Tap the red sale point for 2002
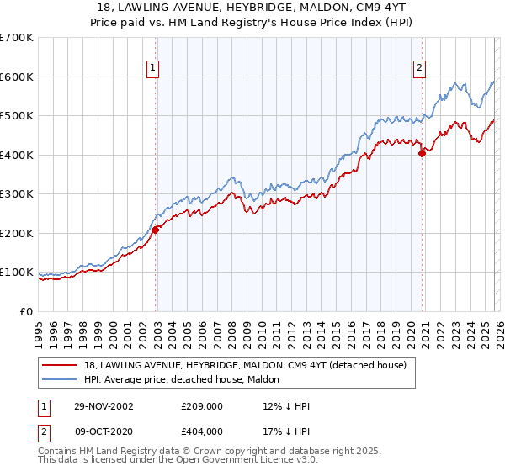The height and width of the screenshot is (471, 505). (156, 230)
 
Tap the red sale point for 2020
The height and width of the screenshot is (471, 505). (422, 153)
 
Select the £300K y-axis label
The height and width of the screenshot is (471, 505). (17, 194)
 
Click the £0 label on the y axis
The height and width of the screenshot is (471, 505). (27, 311)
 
